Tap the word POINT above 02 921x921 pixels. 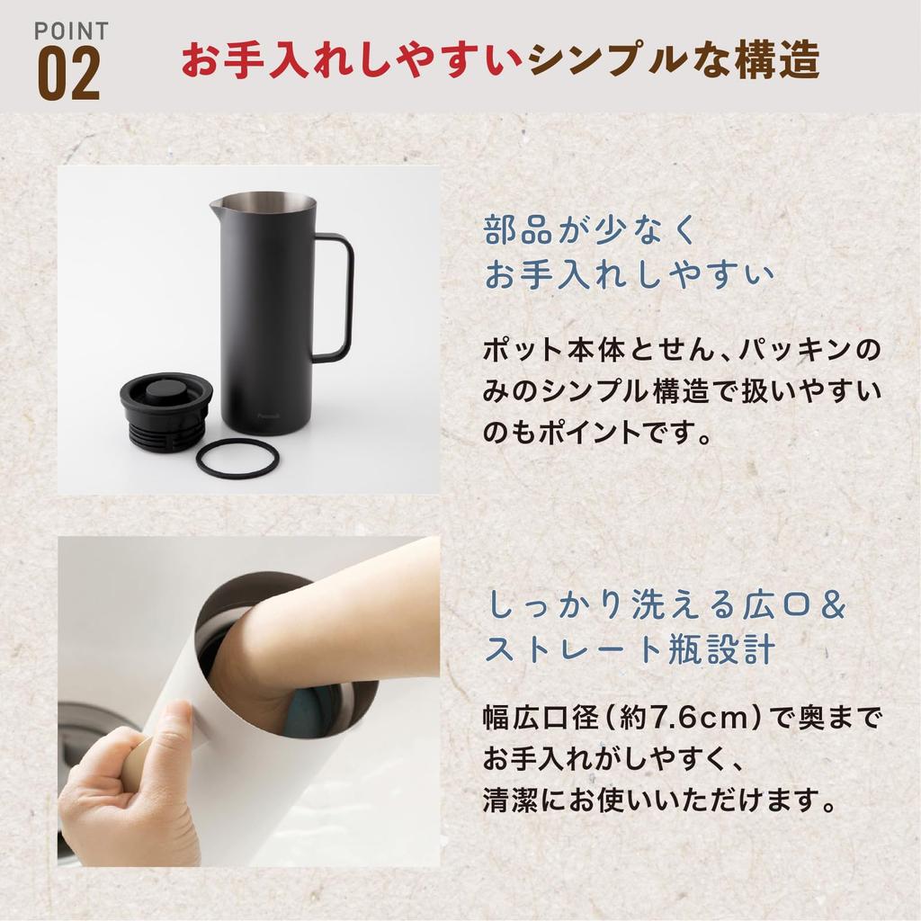pyautogui.click(x=71, y=30)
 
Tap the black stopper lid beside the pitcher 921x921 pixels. pyautogui.click(x=165, y=409)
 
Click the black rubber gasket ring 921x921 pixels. pyautogui.click(x=237, y=459)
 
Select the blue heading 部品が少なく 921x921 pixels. pyautogui.click(x=590, y=231)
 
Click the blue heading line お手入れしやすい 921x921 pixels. pyautogui.click(x=628, y=274)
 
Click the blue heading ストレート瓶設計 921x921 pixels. pyautogui.click(x=629, y=649)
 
